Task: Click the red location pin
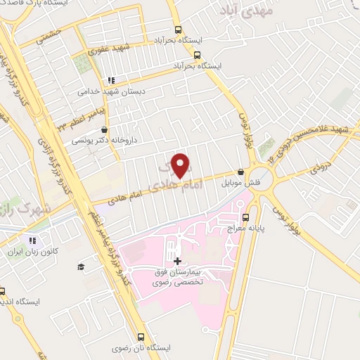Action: [181, 165]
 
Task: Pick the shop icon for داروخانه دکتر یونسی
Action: [105, 129]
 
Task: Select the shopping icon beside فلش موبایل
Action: [241, 172]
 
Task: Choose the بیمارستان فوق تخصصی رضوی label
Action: [179, 276]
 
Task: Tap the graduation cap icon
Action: [81, 266]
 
